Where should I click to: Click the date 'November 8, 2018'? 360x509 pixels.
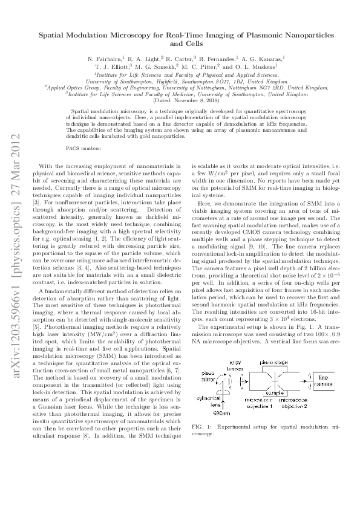click(191, 100)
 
